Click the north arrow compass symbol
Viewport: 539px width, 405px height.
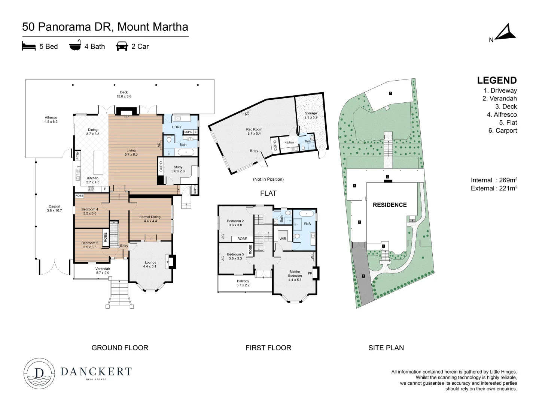pyautogui.click(x=506, y=33)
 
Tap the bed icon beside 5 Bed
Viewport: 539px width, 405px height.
pyautogui.click(x=29, y=46)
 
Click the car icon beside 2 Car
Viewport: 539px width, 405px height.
pyautogui.click(x=122, y=46)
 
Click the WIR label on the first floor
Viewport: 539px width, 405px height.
pyautogui.click(x=283, y=239)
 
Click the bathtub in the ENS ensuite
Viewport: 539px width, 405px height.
pyautogui.click(x=307, y=213)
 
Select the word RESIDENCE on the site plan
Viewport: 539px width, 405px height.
pyautogui.click(x=389, y=205)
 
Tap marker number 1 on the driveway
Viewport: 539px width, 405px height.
pyautogui.click(x=363, y=276)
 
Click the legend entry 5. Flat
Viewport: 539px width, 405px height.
pyautogui.click(x=508, y=123)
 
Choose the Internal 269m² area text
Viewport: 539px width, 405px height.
pyautogui.click(x=494, y=180)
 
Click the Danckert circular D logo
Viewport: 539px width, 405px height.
pyautogui.click(x=39, y=373)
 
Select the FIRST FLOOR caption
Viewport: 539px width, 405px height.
pyautogui.click(x=268, y=348)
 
